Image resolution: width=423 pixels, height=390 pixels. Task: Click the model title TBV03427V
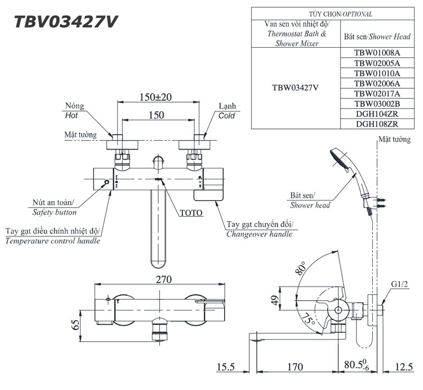coord(66,22)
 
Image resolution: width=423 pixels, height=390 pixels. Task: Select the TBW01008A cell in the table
coord(377,53)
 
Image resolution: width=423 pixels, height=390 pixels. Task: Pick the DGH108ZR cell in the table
coord(377,124)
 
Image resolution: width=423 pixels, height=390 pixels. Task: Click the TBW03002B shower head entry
coord(377,104)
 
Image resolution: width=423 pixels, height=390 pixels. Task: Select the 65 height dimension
coord(75,324)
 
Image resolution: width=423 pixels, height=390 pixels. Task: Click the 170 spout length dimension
coord(295,367)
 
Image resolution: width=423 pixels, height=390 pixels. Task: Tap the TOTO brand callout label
coord(191,213)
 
